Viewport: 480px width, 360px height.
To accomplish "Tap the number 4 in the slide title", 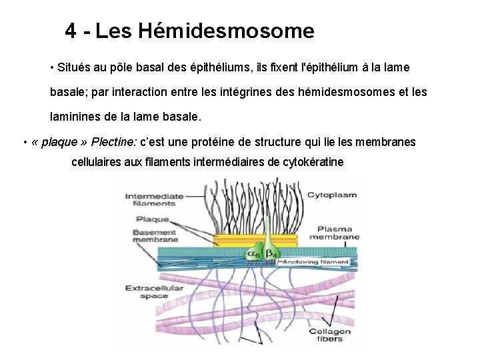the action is [71, 31].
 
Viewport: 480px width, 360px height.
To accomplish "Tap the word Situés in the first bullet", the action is [75, 68].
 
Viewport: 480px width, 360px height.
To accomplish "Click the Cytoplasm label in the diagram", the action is [331, 195].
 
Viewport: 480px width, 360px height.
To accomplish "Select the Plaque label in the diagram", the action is [152, 219].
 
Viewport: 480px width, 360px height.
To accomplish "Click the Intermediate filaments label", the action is [154, 200].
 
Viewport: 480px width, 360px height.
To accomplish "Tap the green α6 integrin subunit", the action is [254, 253].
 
